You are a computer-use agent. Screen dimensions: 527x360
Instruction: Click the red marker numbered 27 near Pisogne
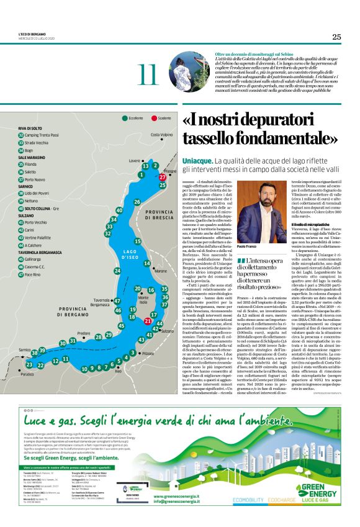163,177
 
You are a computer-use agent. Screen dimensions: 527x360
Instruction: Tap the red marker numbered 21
147,321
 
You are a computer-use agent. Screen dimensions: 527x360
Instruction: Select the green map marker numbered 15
138,241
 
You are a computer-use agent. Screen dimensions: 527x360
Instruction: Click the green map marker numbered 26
137,202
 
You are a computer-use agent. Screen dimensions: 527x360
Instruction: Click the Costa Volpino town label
161,135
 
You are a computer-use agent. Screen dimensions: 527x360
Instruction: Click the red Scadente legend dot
153,117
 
